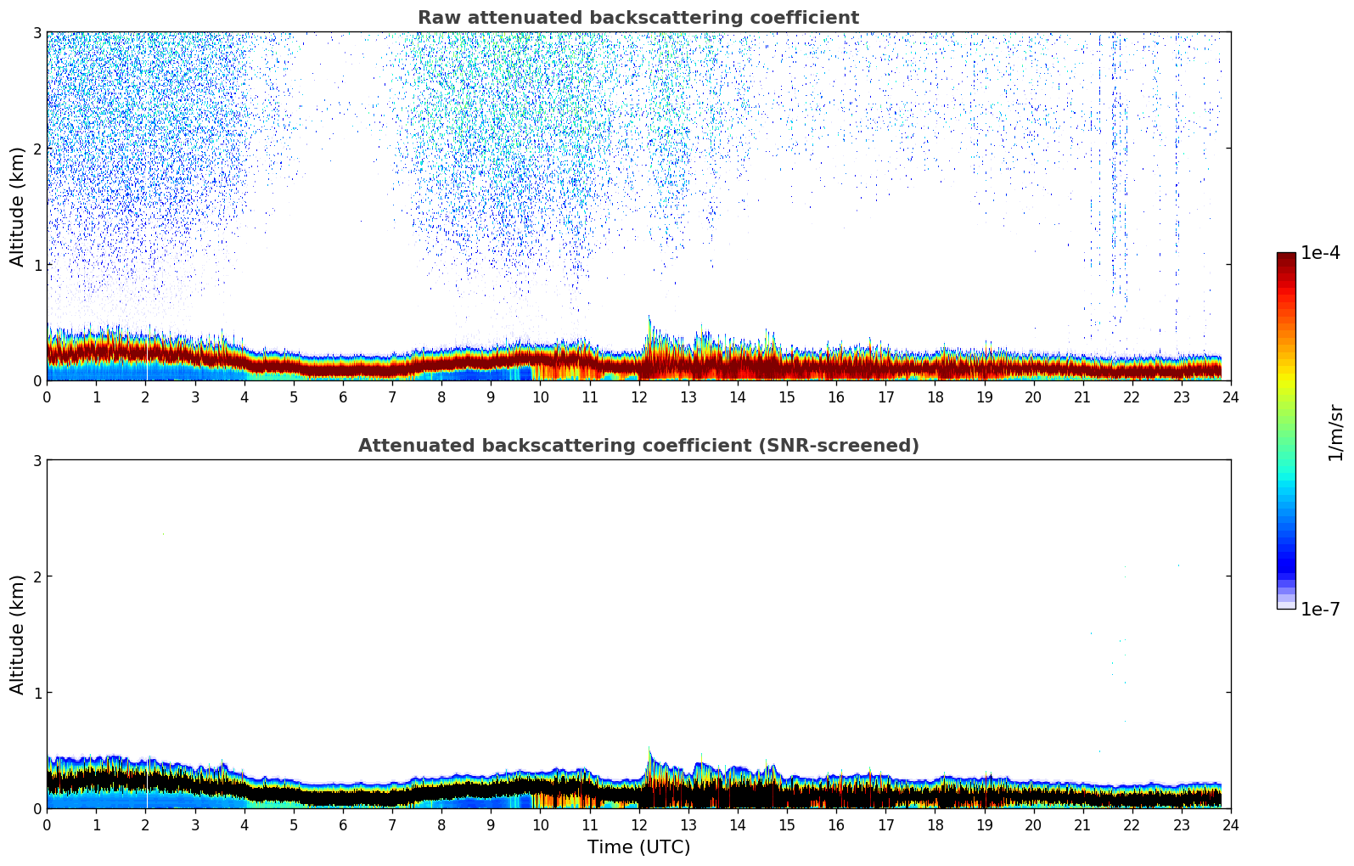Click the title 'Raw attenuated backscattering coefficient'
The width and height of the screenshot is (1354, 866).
[638, 18]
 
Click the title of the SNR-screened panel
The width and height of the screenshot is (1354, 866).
[638, 446]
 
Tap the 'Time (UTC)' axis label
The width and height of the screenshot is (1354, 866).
[638, 847]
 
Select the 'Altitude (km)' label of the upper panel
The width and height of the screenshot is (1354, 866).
[18, 206]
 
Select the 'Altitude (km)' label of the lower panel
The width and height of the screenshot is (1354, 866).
[18, 634]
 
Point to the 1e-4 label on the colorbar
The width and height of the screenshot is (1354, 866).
[1320, 253]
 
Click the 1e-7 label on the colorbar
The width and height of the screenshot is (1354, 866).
[1320, 609]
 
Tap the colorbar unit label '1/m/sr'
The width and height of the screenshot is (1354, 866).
[1335, 432]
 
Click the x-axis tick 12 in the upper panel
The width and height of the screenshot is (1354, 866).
[638, 396]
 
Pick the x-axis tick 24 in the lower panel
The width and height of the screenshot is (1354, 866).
[1230, 824]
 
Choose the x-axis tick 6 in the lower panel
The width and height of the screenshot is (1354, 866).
[342, 824]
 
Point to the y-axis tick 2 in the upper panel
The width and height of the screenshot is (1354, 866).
[37, 149]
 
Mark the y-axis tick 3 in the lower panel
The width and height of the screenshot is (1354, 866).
[37, 460]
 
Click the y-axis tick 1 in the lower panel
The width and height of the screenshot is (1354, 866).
[37, 693]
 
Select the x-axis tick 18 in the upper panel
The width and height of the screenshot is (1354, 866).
[935, 396]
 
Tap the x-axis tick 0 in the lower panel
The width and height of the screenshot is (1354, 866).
[47, 824]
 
